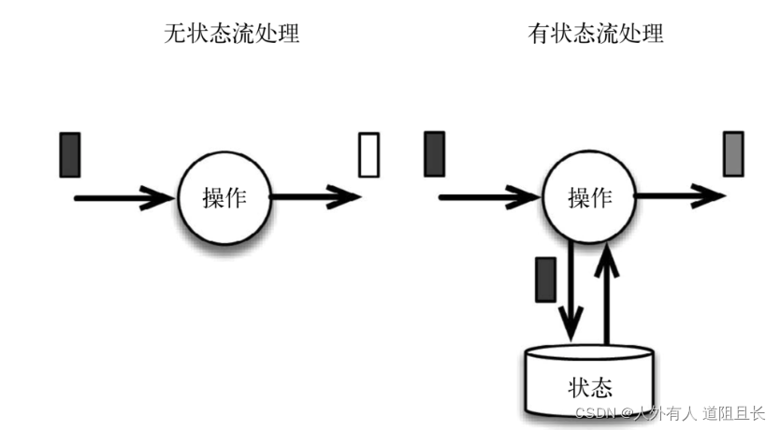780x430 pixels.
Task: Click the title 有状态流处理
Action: point(596,36)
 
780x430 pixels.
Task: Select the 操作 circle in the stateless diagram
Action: point(224,197)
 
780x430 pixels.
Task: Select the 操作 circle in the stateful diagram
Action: point(590,197)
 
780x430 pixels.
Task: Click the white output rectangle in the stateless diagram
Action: point(369,154)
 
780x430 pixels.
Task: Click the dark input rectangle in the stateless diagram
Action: point(70,154)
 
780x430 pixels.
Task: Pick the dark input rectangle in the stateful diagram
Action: point(434,154)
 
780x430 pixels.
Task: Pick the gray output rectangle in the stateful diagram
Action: point(734,154)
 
